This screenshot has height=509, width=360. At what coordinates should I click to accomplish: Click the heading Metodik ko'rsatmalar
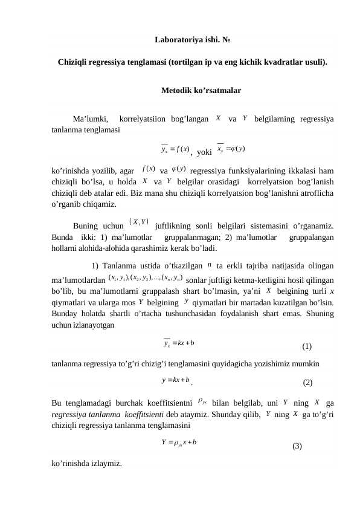pos(201,91)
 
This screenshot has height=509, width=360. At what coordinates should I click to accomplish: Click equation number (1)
pos(307,347)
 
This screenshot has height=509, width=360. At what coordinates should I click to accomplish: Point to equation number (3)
pos(297,447)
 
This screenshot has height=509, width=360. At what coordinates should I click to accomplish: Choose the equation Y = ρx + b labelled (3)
pos(178,443)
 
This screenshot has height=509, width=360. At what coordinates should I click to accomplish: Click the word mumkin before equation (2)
pos(306,364)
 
